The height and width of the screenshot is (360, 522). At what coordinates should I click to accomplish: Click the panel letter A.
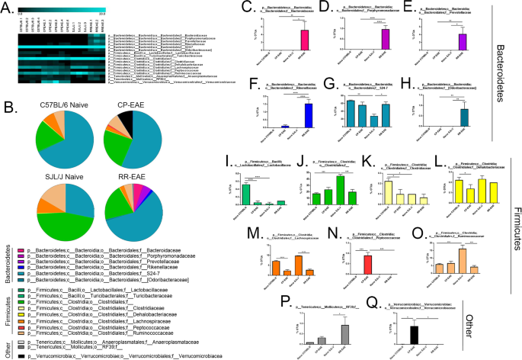pos(7,8)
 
